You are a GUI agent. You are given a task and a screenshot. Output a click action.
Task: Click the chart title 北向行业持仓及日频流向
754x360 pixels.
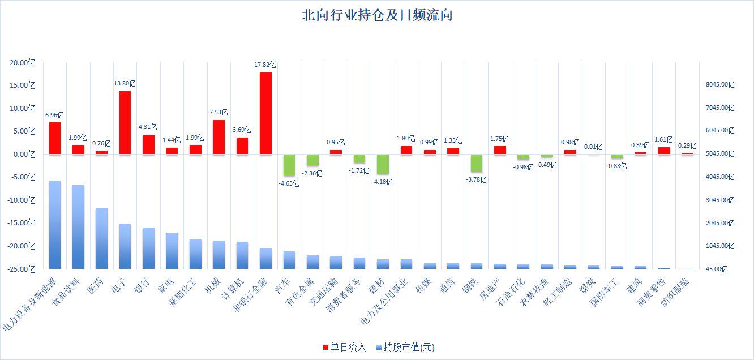click(377, 15)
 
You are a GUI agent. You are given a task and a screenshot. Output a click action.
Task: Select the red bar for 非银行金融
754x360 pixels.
click(265, 113)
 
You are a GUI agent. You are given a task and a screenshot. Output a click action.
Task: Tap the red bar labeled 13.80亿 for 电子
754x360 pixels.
click(125, 122)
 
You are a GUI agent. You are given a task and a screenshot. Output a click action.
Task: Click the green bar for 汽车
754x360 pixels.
click(289, 165)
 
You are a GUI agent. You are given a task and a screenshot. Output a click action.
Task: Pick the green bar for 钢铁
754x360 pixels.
click(477, 162)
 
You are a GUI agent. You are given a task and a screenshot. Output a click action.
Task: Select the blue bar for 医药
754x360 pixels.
click(101, 238)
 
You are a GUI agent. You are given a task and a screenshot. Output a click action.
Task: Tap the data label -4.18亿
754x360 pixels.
click(383, 182)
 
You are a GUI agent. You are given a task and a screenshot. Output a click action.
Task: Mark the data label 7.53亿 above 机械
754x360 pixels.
click(219, 113)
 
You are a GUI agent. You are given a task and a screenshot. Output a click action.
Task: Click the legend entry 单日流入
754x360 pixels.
click(345, 347)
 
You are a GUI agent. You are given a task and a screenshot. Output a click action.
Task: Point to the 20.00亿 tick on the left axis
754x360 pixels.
click(23, 62)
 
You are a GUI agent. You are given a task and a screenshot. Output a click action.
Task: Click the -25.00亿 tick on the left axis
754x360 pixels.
click(22, 269)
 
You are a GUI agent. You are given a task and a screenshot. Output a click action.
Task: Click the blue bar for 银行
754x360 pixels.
click(148, 248)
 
